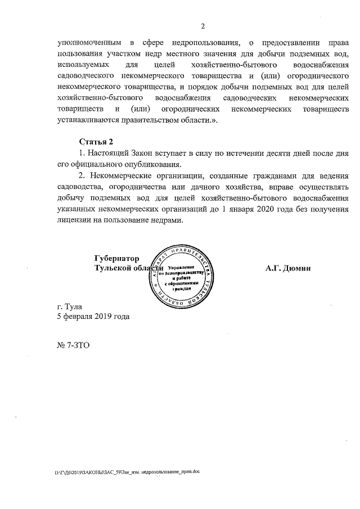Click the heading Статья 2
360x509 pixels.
(x=96, y=141)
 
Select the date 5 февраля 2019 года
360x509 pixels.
(x=93, y=317)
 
